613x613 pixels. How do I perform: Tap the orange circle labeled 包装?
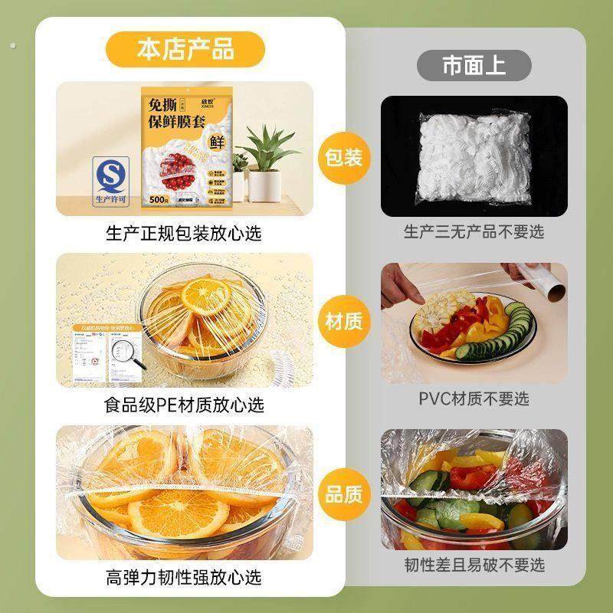tap(343, 159)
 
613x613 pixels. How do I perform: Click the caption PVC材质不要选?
tap(474, 398)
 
